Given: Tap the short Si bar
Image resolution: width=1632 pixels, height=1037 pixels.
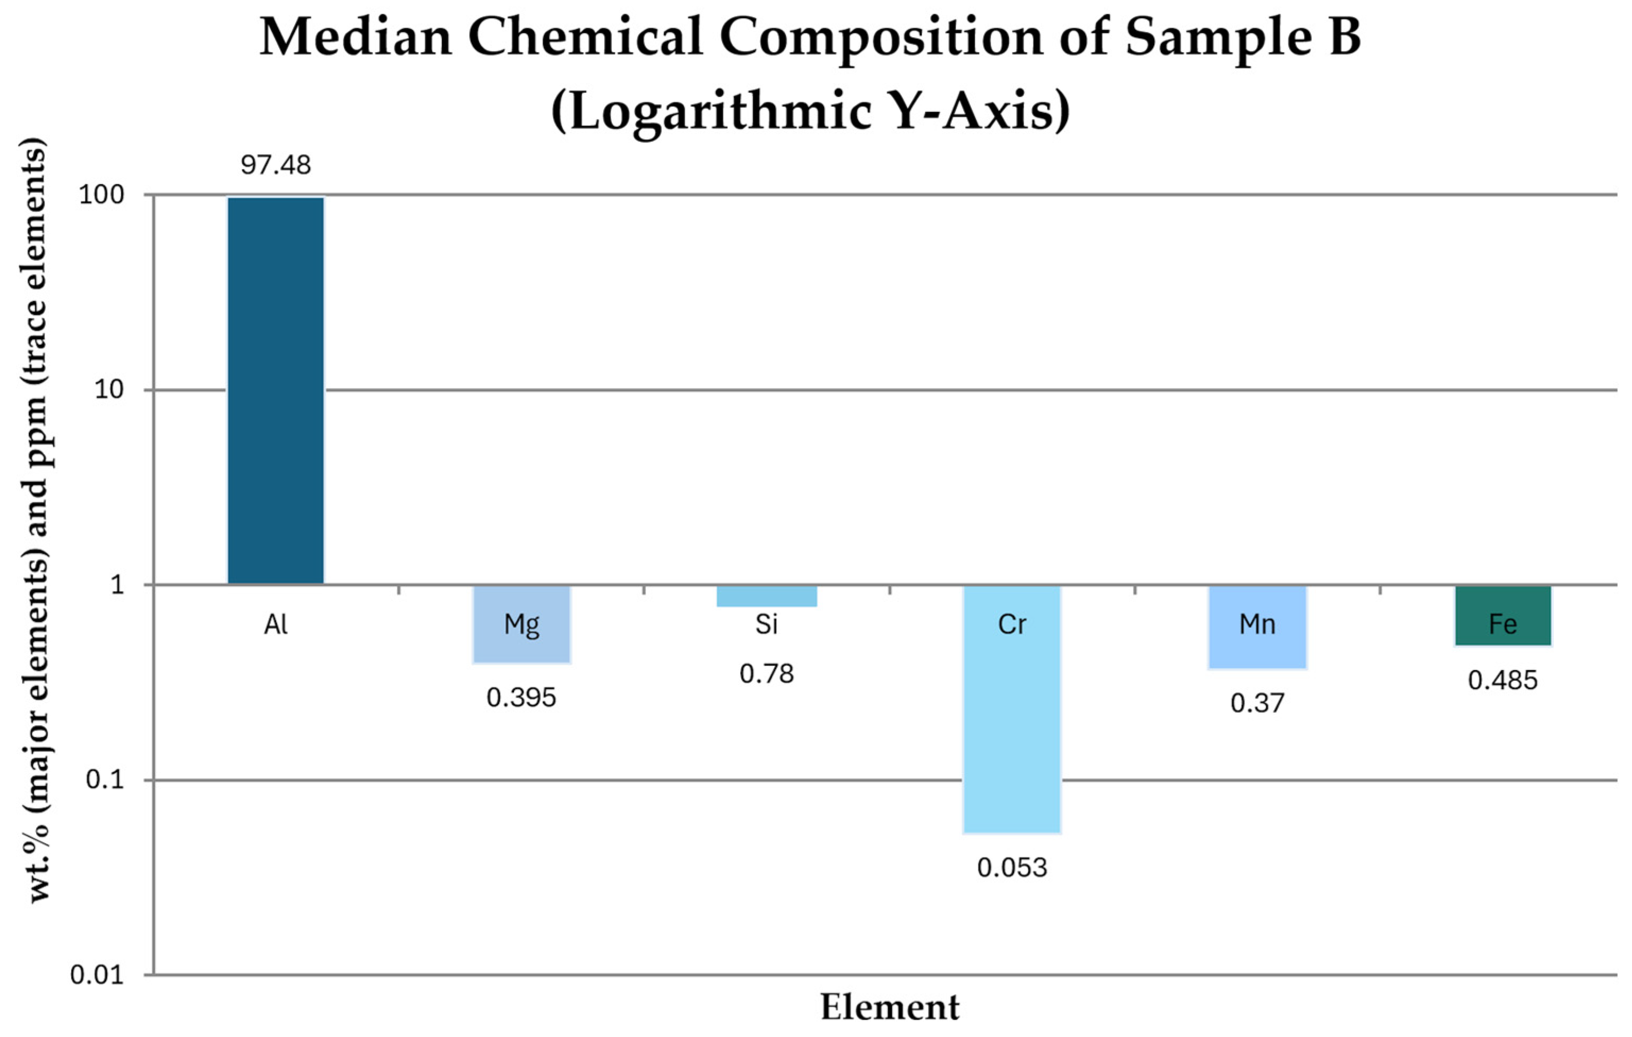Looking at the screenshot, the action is (767, 596).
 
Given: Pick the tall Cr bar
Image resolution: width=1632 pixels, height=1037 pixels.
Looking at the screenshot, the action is (1012, 709).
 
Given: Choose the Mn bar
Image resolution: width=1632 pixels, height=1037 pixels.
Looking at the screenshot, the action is (1257, 627).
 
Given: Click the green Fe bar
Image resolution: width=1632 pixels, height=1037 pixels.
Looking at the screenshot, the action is (1502, 615).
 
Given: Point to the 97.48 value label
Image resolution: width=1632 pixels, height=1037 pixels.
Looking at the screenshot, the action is (276, 165).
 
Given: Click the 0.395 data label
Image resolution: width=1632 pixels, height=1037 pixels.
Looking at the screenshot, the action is (521, 697).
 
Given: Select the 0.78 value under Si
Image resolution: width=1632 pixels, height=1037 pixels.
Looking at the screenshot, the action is (767, 674).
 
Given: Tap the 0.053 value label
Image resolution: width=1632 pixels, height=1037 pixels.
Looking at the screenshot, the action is (1012, 868).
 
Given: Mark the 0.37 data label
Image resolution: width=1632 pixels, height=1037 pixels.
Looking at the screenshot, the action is (1257, 704).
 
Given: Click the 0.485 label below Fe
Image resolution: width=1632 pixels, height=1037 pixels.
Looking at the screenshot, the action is (1502, 681).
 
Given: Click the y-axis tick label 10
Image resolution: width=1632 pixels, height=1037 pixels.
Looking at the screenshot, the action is (110, 390).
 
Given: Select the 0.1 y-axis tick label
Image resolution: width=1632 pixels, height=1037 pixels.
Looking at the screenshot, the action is (106, 780).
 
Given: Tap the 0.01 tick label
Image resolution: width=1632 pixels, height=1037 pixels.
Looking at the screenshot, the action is (98, 975).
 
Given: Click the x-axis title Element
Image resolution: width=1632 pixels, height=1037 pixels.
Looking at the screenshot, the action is (890, 1007).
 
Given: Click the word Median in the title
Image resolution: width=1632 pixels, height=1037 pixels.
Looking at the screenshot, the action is (356, 37).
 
